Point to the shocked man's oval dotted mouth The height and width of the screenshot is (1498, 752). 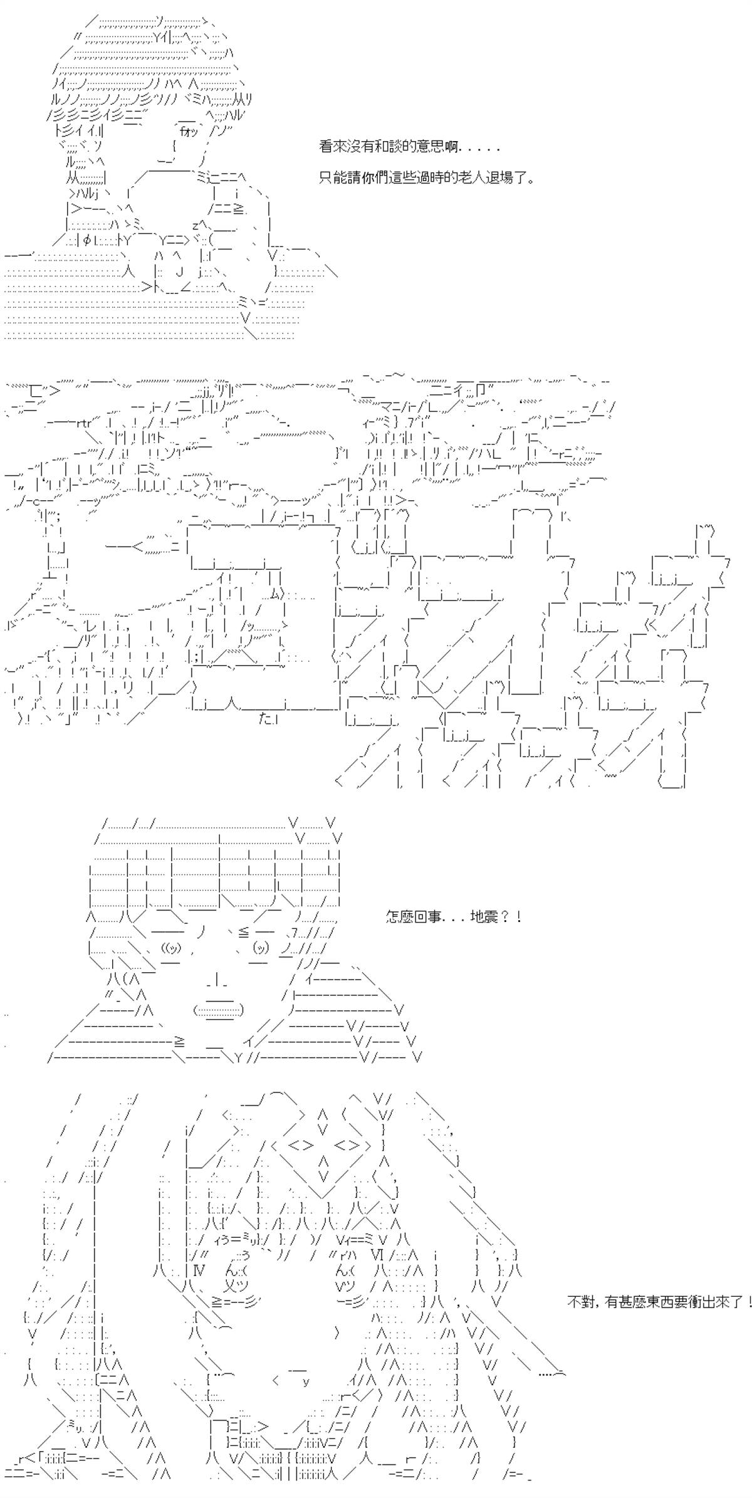[219, 1010]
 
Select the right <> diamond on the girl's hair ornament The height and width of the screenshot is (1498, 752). [347, 1146]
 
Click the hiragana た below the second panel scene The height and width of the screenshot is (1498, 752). [264, 719]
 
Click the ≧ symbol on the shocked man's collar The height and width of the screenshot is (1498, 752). [180, 1042]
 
